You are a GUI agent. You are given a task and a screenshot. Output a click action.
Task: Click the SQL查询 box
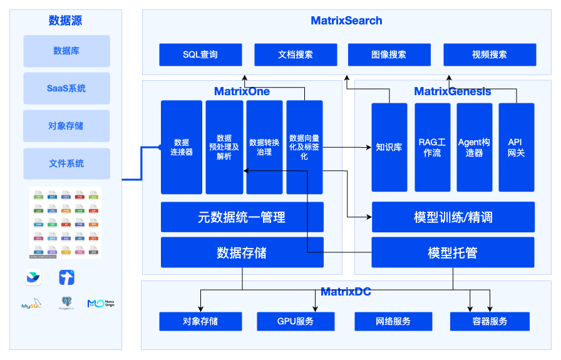point(200,54)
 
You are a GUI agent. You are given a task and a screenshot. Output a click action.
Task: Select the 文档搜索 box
point(296,54)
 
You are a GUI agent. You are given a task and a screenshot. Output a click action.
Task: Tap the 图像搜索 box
point(389,54)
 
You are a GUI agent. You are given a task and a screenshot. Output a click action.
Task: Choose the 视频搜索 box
point(490,54)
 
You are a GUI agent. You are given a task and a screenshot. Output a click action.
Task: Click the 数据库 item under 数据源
point(66,51)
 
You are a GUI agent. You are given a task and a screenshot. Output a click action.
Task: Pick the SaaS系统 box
point(66,88)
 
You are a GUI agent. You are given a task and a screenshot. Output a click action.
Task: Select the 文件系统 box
point(66,163)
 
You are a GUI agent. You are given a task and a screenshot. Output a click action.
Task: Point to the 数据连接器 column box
point(182,147)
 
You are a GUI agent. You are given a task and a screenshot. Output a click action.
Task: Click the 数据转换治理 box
point(264,147)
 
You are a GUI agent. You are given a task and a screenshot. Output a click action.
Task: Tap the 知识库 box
point(389,148)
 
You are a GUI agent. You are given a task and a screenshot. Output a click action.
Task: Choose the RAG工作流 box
point(432,148)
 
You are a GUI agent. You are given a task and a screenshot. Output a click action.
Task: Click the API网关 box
point(516,148)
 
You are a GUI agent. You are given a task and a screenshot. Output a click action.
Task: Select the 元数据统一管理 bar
point(242,217)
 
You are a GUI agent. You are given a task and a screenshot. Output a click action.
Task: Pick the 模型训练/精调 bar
point(453,217)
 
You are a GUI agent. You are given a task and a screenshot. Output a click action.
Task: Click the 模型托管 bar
point(453,252)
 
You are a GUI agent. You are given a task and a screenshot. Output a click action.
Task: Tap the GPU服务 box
point(295,321)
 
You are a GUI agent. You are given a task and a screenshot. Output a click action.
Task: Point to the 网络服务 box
point(393,321)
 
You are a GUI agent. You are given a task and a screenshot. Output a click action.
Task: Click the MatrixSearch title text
point(346,21)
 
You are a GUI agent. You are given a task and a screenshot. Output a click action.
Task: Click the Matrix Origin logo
point(100,303)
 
